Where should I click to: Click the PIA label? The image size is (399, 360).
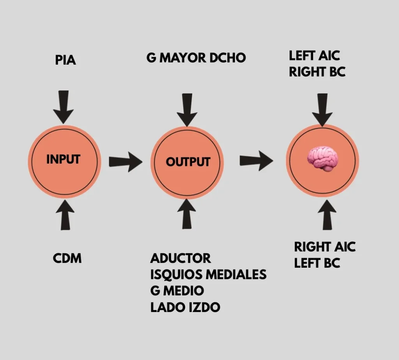coord(65,60)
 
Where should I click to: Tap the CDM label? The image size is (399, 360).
coord(67,258)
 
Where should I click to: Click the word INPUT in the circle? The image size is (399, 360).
coord(64,159)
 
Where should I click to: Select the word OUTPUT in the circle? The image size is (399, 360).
coord(188,162)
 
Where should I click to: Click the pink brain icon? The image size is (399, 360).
coord(322,159)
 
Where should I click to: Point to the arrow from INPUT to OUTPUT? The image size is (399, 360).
coord(126,162)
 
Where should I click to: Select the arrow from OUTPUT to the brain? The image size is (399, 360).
coord(256,161)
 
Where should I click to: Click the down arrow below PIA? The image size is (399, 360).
coord(64,107)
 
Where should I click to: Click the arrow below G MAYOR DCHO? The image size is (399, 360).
coord(187,110)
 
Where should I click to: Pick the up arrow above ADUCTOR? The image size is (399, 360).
coord(187,214)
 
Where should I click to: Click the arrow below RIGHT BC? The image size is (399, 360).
coord(322,110)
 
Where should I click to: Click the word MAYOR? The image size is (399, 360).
coord(183,58)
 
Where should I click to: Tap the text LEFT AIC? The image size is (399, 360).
coord(314,56)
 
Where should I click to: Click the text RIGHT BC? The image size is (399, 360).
coord(317,72)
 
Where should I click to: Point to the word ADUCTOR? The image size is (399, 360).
coord(180,258)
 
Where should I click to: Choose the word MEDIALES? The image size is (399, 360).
coord(236,274)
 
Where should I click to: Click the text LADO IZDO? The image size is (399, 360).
coord(185,307)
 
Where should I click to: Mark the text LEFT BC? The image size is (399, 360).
coord(317,263)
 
